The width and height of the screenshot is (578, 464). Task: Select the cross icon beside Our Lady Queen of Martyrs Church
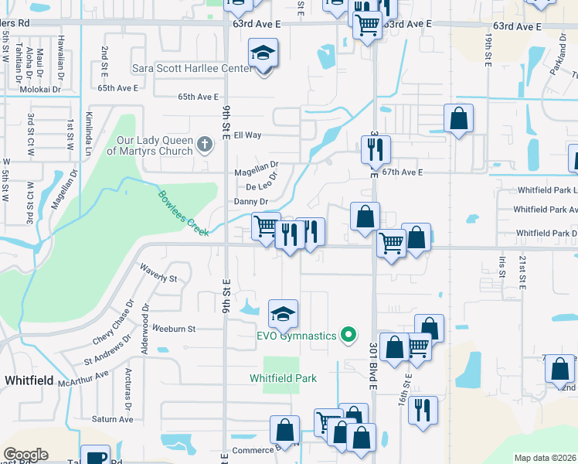click(204, 144)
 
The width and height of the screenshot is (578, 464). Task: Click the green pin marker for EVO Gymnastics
click(348, 335)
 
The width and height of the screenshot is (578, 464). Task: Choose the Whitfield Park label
click(284, 378)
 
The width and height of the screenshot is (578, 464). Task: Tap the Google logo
click(25, 455)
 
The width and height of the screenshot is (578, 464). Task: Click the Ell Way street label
click(248, 135)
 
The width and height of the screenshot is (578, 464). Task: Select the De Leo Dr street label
click(261, 187)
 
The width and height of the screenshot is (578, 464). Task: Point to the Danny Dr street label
click(250, 202)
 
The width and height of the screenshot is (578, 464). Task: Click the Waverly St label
click(158, 273)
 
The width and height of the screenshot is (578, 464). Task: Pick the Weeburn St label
click(174, 329)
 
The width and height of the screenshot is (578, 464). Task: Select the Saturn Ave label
click(113, 419)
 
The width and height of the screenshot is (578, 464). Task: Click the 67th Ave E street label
click(404, 172)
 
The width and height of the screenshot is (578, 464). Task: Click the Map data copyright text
click(545, 458)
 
